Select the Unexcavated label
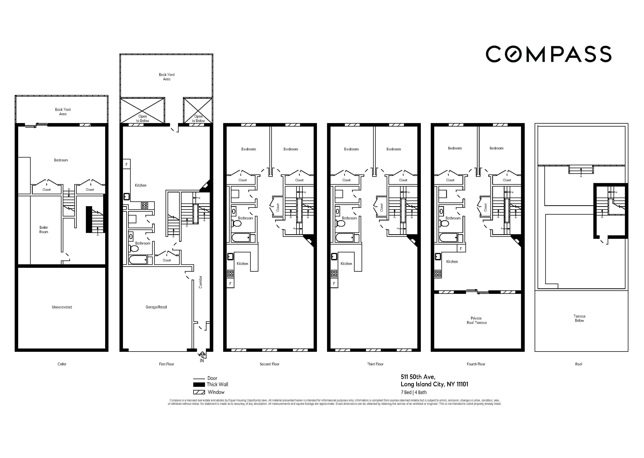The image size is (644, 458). click(x=62, y=307)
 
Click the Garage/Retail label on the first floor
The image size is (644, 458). click(x=156, y=307)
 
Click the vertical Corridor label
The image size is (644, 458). click(x=201, y=282)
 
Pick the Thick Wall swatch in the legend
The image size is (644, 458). click(x=199, y=384)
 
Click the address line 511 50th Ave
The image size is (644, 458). click(x=418, y=377)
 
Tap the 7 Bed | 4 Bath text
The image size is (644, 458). click(x=414, y=392)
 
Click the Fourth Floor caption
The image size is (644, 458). click(x=476, y=364)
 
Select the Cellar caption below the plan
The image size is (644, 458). click(x=62, y=364)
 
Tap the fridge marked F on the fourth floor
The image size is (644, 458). click(x=461, y=249)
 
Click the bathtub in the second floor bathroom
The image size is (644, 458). click(x=241, y=238)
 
